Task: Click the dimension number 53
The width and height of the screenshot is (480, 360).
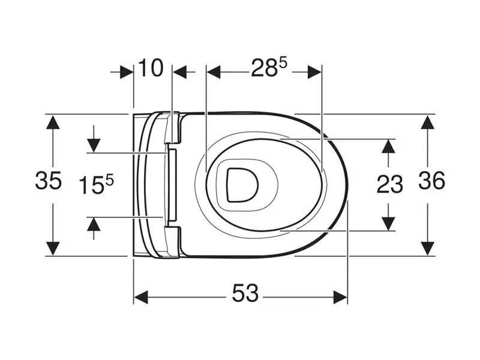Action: [245, 293]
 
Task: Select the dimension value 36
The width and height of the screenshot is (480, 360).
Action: [431, 181]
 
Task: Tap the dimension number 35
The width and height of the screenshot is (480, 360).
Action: [49, 181]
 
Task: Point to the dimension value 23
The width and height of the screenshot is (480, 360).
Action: [389, 184]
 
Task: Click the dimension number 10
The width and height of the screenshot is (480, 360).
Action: [151, 68]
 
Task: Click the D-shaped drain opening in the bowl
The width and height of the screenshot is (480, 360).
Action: [242, 185]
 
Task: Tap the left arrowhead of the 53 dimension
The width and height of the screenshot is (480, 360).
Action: [141, 297]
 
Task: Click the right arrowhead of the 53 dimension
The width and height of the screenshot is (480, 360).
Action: [340, 297]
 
